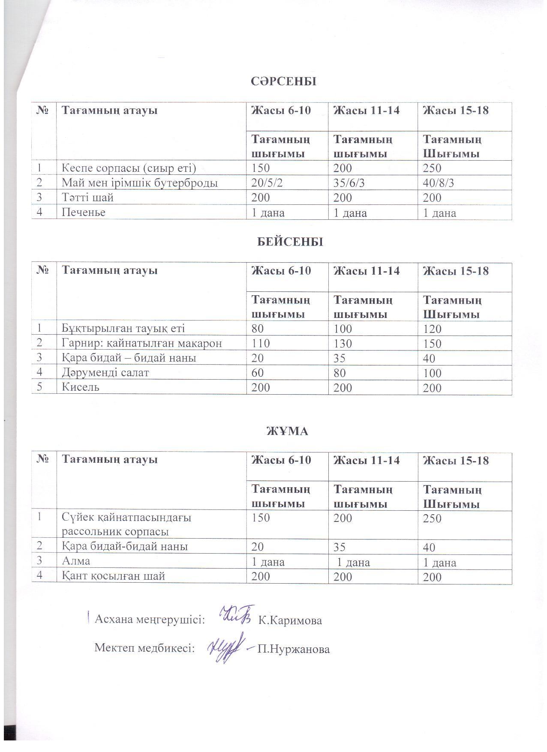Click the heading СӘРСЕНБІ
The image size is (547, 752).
pos(283,81)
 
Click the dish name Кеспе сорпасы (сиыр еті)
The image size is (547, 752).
pos(129,168)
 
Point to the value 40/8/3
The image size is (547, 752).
pos(439,183)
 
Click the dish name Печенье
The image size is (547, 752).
pos(84,212)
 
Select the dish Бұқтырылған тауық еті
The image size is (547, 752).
pos(123,329)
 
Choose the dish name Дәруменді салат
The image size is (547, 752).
pos(105,372)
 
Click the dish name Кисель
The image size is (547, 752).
pos(81,387)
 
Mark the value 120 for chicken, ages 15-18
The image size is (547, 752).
pos(432,329)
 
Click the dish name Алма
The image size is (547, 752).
pos(76,561)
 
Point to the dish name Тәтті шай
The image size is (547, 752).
pos(87,198)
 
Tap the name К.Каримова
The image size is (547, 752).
pos(290,620)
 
